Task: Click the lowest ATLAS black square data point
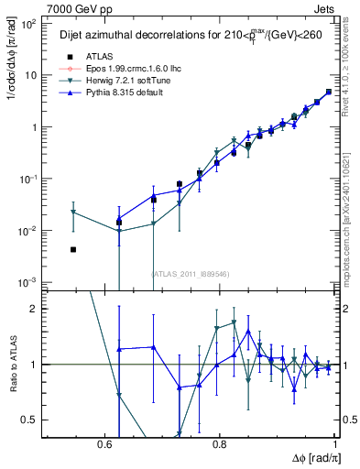pos(73,249)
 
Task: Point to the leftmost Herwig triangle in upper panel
pos(73,213)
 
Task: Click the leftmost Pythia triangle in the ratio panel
pos(119,350)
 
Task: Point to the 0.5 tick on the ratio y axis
pos(34,420)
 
